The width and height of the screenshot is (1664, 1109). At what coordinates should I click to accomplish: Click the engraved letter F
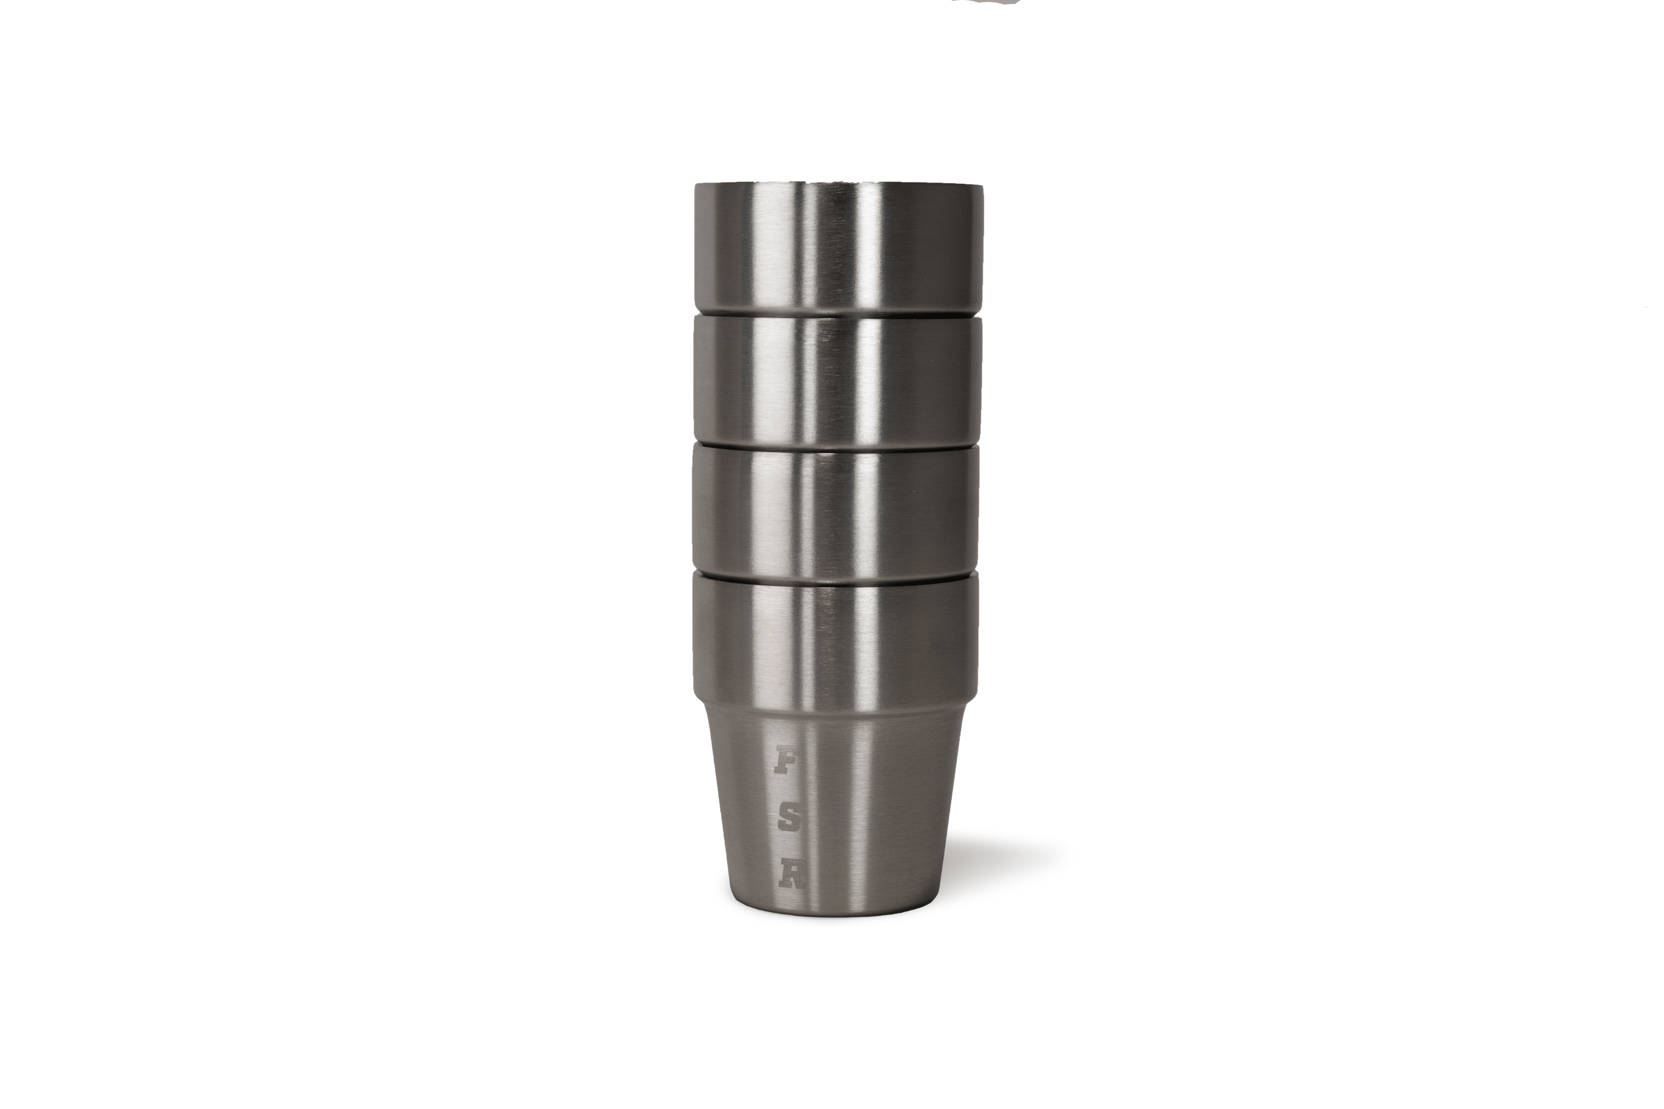pos(783,760)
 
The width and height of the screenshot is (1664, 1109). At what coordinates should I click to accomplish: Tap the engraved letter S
pos(788,819)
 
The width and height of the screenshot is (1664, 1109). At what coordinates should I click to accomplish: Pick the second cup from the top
pos(838,378)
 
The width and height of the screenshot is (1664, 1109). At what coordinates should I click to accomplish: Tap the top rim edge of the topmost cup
pos(838,185)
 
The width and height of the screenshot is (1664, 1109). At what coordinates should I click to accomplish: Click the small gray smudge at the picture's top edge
pos(986,2)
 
